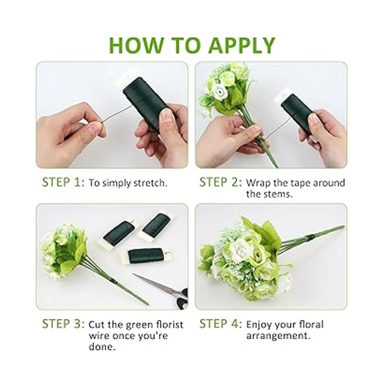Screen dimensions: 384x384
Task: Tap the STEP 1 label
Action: (63, 182)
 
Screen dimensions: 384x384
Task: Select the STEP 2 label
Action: (221, 182)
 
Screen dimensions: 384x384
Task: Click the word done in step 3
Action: (102, 347)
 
